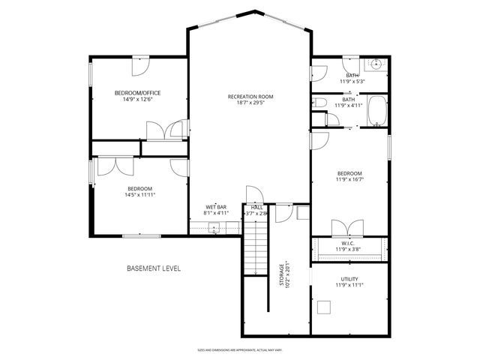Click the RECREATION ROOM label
(x=250, y=97)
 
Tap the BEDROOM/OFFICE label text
(x=137, y=93)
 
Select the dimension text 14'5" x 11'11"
(x=139, y=195)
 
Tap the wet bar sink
(x=214, y=230)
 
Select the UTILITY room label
(x=349, y=279)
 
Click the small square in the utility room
(x=324, y=306)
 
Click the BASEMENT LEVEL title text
(x=153, y=268)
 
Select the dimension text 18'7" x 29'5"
(x=250, y=103)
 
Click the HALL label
(x=256, y=207)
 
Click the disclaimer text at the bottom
(x=239, y=349)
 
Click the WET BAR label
(x=217, y=207)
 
